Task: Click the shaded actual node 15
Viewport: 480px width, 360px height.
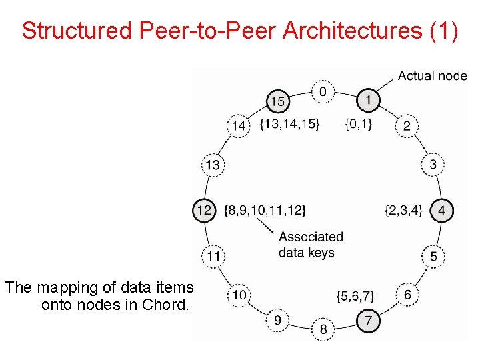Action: pyautogui.click(x=278, y=102)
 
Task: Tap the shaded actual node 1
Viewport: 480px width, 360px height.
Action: pyautogui.click(x=368, y=101)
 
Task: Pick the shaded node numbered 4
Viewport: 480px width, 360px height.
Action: pyautogui.click(x=441, y=211)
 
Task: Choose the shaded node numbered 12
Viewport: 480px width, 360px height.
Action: pyautogui.click(x=204, y=211)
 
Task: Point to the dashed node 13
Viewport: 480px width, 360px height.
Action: pyautogui.click(x=213, y=165)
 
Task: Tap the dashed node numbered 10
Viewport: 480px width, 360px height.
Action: pyautogui.click(x=239, y=294)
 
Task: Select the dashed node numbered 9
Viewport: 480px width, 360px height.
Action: pyautogui.click(x=277, y=321)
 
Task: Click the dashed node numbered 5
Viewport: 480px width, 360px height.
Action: pyautogui.click(x=433, y=256)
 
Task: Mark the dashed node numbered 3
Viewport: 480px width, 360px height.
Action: pyautogui.click(x=433, y=164)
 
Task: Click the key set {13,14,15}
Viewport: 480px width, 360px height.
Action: pyautogui.click(x=290, y=123)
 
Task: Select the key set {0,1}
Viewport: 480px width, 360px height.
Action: pyautogui.click(x=359, y=123)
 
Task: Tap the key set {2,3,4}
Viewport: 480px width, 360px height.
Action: pyautogui.click(x=403, y=211)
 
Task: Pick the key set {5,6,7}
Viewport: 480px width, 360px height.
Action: pyautogui.click(x=355, y=295)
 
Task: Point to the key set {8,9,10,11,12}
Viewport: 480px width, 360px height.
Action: pyautogui.click(x=265, y=211)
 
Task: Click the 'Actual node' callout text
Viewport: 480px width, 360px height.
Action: pyautogui.click(x=432, y=75)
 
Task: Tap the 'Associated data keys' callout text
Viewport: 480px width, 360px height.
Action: pyautogui.click(x=311, y=245)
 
